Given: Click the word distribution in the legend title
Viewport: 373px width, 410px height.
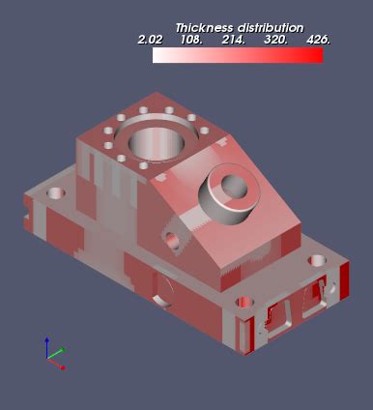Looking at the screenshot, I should (271, 28).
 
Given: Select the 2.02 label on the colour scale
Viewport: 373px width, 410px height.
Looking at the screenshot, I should (150, 41).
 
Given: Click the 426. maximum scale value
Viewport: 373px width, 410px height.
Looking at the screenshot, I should (317, 41).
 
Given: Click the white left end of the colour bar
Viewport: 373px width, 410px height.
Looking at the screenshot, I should (158, 56).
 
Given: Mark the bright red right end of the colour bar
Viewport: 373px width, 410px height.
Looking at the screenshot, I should (317, 56).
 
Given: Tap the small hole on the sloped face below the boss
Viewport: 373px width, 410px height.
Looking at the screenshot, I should (174, 239).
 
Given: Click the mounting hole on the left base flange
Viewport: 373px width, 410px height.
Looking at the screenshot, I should (56, 193).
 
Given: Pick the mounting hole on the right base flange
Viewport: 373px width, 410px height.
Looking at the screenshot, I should (317, 261).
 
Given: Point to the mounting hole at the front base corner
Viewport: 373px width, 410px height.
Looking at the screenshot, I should (244, 303).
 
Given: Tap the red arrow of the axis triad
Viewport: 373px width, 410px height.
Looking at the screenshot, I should (61, 366).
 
